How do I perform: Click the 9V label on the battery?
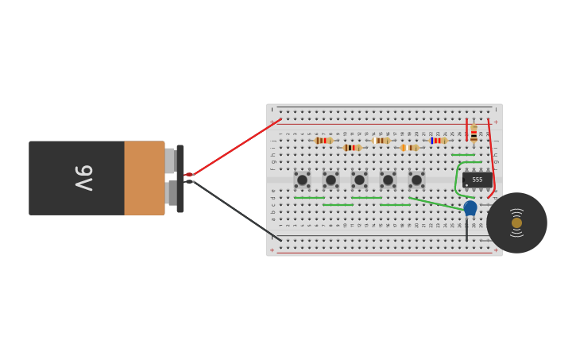coord(83,178)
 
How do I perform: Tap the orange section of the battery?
coord(144,178)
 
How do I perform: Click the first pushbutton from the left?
coord(302,180)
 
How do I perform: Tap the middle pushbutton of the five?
coord(359,180)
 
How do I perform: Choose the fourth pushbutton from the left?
coord(388,180)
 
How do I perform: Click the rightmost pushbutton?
coord(416,180)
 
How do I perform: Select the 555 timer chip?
coord(477,180)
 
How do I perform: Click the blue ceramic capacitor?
coord(470,207)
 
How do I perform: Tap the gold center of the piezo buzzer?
coord(516,223)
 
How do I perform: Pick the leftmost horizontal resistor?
coord(323,141)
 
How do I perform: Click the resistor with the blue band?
coord(438,141)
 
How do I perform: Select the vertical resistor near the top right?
coord(474,134)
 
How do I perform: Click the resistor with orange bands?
coord(409,148)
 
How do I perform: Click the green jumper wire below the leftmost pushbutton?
coord(308,197)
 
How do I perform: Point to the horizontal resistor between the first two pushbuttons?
coord(351,148)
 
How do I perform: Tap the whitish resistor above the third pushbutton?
coord(381,141)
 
